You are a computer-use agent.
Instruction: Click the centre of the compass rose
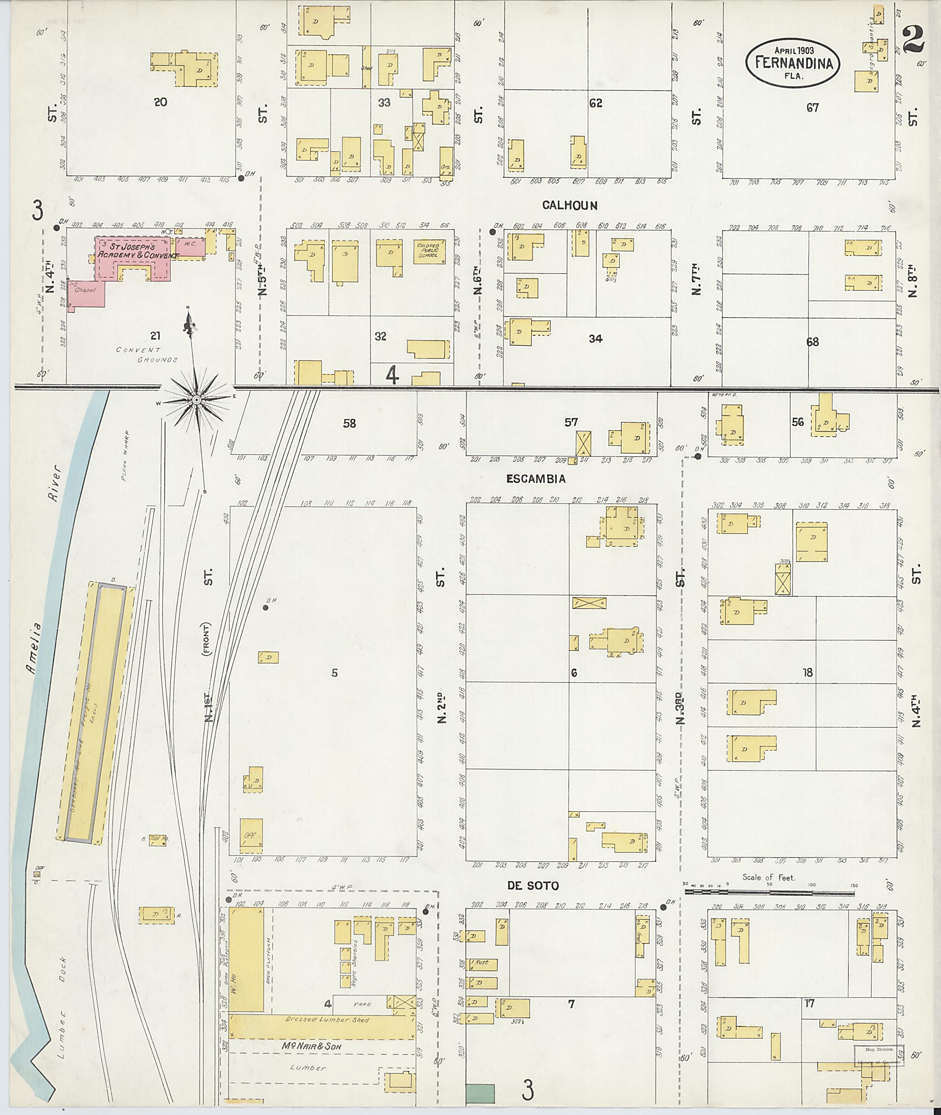point(196,399)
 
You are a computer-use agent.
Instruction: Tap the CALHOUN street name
point(570,206)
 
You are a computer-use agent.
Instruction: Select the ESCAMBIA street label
point(536,479)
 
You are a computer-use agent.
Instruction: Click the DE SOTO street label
point(533,886)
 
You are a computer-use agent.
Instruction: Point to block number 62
point(595,103)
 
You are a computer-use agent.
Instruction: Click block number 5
point(334,673)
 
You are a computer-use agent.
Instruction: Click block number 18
point(808,672)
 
